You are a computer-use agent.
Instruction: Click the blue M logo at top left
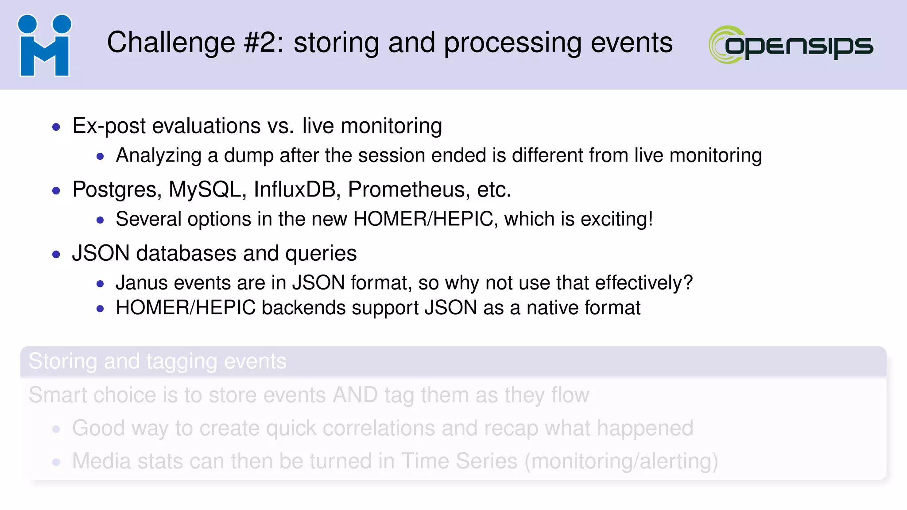(x=44, y=46)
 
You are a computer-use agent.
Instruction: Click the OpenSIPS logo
(x=791, y=45)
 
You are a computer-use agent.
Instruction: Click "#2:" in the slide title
(x=264, y=43)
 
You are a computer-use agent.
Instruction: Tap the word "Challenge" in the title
(x=171, y=43)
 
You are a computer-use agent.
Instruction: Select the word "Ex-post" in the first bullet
(x=109, y=126)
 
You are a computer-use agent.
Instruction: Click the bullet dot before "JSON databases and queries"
(x=56, y=254)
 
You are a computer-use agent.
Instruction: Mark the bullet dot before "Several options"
(x=100, y=220)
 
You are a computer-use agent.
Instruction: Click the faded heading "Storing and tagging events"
(x=158, y=361)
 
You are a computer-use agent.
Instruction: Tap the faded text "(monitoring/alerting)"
(x=621, y=461)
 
